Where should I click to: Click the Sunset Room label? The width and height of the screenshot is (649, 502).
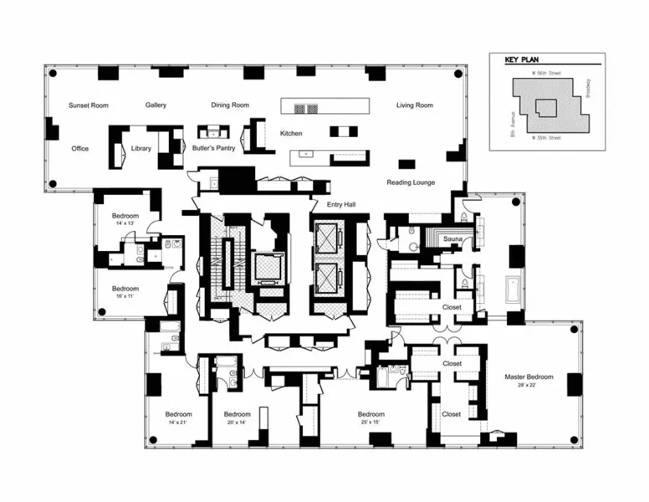click(89, 105)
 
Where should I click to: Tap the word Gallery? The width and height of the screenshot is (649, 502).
click(156, 105)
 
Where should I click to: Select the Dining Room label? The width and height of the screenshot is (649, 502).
click(230, 105)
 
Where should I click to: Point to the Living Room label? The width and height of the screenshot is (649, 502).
click(414, 105)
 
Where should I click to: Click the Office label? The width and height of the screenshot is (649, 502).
click(79, 149)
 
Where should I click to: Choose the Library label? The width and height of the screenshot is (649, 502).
click(141, 149)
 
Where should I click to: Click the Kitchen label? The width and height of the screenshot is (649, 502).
click(291, 134)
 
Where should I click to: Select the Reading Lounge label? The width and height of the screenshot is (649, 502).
click(410, 182)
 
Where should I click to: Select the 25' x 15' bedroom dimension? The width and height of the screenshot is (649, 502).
click(371, 423)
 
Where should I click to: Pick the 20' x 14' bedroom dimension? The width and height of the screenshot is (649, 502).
click(237, 423)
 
